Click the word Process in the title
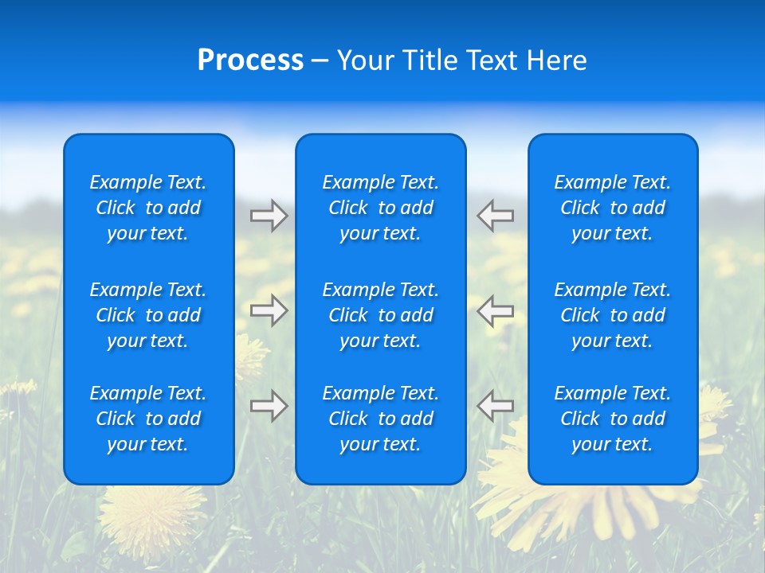tap(250, 60)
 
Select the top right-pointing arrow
tap(269, 216)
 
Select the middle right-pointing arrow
tap(269, 310)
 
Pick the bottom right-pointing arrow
tap(269, 406)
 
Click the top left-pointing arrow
tap(496, 216)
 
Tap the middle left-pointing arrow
tap(496, 310)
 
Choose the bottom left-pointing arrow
tap(496, 406)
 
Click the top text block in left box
tap(148, 208)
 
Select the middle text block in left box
tap(148, 315)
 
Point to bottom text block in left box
tap(148, 419)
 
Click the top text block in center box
tap(380, 208)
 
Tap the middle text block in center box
tap(380, 315)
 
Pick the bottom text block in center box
tap(380, 419)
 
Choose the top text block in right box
tap(612, 208)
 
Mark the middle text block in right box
tap(612, 315)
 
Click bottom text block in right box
tap(612, 419)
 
